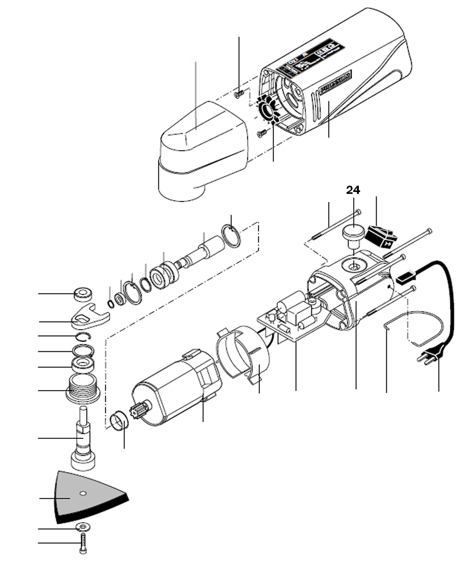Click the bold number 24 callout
pos(353,190)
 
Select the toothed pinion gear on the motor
pos(137,410)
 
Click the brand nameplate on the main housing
pos(336,82)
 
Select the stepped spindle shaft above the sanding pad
pos(83,439)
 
